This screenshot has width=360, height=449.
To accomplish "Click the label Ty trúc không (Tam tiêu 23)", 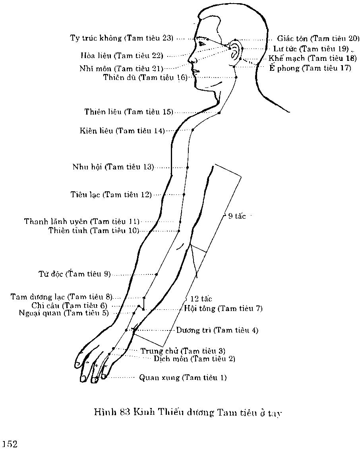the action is (122, 38).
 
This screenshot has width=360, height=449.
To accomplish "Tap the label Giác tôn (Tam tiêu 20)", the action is (318, 39).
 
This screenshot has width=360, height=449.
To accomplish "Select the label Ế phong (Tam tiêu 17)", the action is (310, 68).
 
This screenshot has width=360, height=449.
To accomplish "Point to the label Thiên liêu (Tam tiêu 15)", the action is (129, 112).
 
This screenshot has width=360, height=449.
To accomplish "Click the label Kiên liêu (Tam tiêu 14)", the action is (122, 130).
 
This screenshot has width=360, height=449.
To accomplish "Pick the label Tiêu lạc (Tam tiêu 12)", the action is (111, 195).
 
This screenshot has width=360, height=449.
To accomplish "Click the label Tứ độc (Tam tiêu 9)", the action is (74, 274).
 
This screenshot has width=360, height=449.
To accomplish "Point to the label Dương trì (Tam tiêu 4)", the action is (217, 330).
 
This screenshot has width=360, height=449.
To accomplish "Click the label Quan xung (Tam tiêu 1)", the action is (183, 377).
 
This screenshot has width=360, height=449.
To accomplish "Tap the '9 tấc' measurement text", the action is (237, 216).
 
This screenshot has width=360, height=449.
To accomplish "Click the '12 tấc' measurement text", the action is (201, 299).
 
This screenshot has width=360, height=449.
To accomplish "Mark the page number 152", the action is (9, 444).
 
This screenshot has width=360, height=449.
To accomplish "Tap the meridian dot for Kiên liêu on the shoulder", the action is (193, 130).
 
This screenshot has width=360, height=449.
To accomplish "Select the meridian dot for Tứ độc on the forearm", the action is (157, 274).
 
